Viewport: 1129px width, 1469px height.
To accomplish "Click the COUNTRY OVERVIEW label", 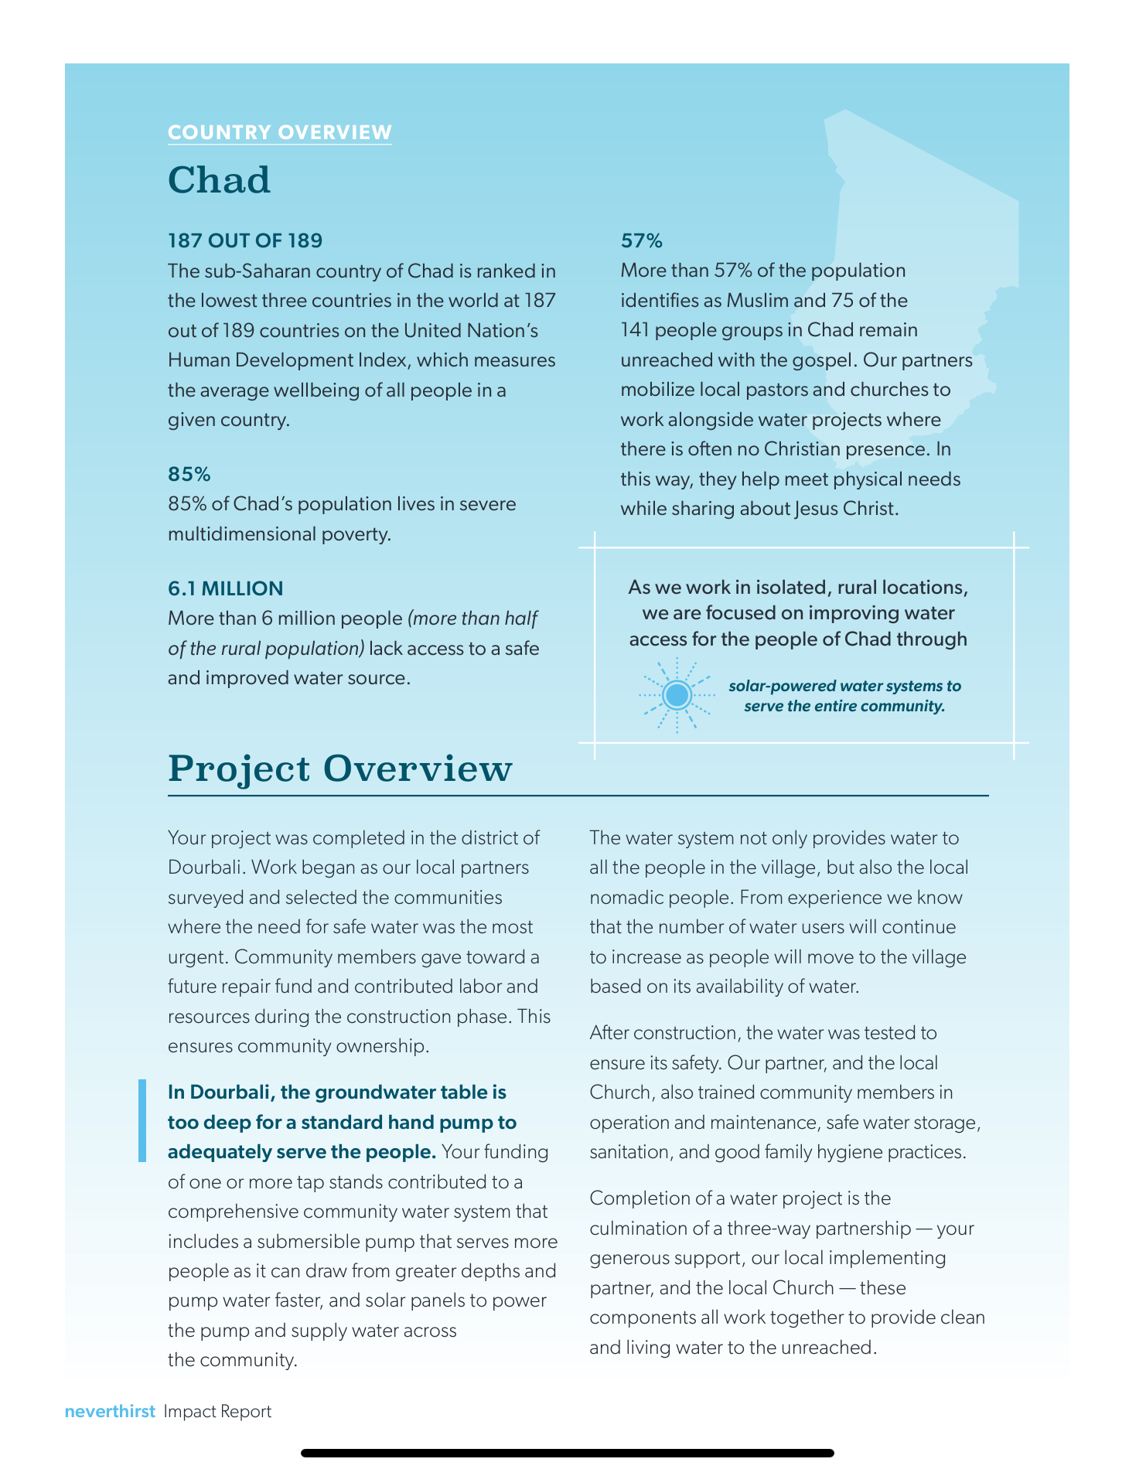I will (279, 132).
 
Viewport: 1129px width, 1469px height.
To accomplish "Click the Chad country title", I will (219, 180).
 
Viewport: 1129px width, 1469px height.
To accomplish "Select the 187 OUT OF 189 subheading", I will (244, 240).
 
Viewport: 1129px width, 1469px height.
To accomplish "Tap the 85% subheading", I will (189, 474).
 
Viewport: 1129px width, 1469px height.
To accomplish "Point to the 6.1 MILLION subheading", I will (225, 588).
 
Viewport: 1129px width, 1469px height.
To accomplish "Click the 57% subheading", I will (641, 240).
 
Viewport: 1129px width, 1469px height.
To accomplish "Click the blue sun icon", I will (677, 694).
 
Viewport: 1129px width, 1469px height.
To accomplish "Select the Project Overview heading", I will (339, 769).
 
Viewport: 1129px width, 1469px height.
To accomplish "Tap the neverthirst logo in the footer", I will (110, 1411).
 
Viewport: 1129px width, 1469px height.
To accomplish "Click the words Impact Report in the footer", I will (217, 1411).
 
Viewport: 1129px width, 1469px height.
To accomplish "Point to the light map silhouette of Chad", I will (928, 255).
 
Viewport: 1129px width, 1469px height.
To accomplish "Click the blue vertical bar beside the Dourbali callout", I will (142, 1121).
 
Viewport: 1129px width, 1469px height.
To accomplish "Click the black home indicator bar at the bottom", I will (567, 1453).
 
